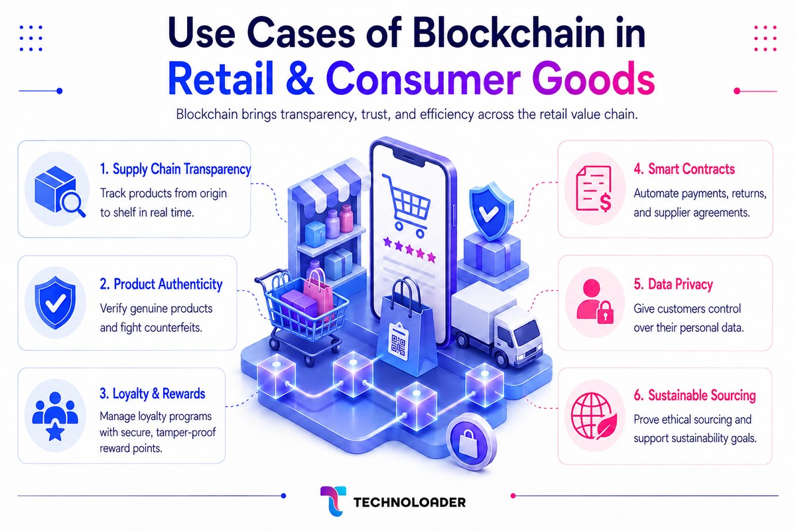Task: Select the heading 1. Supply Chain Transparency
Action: click(x=176, y=169)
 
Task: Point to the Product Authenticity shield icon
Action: click(x=55, y=303)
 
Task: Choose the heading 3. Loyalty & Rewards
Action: click(x=153, y=394)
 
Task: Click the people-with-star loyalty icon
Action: click(x=55, y=416)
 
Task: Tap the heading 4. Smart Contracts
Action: click(x=685, y=169)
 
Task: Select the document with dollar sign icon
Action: click(x=594, y=189)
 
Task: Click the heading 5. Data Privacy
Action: click(x=673, y=284)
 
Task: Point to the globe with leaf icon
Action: click(x=594, y=416)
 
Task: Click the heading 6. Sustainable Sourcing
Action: click(x=695, y=395)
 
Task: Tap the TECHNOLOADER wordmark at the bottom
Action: click(x=409, y=502)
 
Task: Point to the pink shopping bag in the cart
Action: click(x=318, y=291)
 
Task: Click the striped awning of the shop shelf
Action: click(x=329, y=185)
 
